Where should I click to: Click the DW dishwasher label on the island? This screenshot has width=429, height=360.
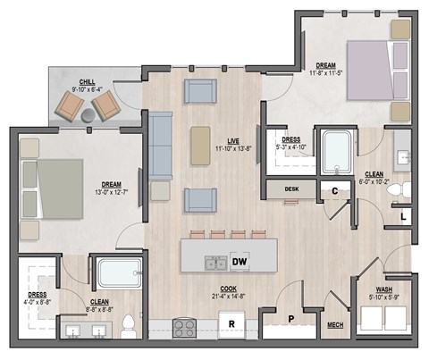pos(239,262)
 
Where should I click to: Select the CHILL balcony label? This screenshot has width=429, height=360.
pos(88,81)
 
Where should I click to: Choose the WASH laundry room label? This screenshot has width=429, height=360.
pos(383,290)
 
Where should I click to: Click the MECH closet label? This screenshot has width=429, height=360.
pos(336,325)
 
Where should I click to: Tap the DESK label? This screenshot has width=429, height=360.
pos(291,189)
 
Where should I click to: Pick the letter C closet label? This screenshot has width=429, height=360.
pos(333,190)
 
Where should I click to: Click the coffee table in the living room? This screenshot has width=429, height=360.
pos(201,146)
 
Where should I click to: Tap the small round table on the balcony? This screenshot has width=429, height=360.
pos(88,115)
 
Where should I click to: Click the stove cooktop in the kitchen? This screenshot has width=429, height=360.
pos(184,326)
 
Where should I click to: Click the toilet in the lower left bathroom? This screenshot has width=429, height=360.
pos(130,323)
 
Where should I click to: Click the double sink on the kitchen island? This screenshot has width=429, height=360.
pos(214,263)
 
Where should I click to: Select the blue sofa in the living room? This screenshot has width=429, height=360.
pos(161,146)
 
